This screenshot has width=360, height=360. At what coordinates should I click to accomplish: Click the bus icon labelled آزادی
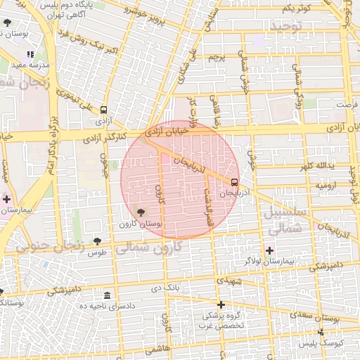tap(104, 110)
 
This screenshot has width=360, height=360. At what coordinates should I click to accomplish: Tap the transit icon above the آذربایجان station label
tap(234, 179)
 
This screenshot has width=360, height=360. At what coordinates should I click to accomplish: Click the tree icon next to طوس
tap(97, 241)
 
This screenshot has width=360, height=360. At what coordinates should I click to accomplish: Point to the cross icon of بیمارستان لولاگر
tap(269, 250)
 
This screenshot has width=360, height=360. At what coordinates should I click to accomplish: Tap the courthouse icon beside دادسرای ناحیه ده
tap(107, 295)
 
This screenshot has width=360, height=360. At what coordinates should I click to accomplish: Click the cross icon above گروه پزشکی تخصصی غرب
tap(221, 304)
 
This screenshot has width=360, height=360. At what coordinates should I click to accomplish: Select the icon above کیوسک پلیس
tap(321, 332)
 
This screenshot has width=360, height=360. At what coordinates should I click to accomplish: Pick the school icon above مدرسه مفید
tap(30, 54)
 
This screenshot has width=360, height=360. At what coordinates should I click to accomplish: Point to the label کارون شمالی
tap(147, 247)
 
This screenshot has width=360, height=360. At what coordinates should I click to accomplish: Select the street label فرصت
tap(347, 105)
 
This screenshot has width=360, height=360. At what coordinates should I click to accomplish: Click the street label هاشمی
tap(155, 349)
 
